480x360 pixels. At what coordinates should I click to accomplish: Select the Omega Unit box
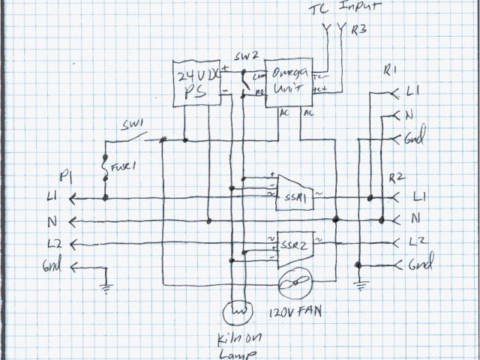pos(290,84)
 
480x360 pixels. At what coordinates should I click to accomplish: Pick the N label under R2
pos(414,220)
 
